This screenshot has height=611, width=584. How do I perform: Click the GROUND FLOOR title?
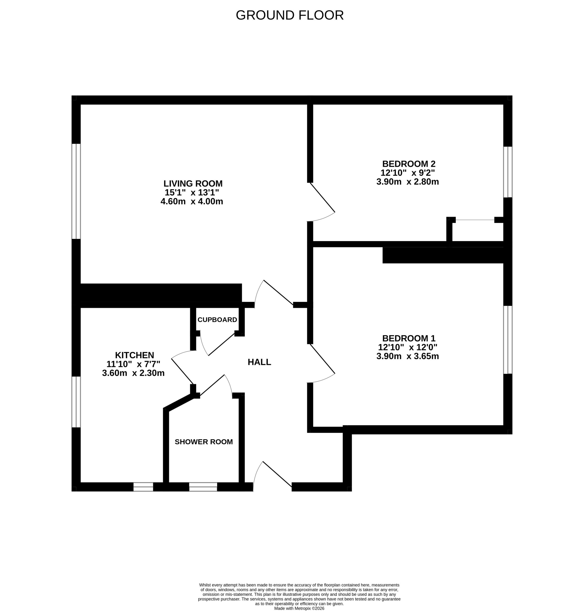(x=290, y=15)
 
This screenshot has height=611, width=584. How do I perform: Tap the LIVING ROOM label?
(x=193, y=184)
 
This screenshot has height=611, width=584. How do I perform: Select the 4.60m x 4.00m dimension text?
(x=192, y=201)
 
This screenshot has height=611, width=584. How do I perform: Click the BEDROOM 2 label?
(x=409, y=164)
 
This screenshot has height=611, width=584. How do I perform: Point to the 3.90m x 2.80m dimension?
(x=407, y=182)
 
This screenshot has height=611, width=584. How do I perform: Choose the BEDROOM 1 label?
(x=409, y=338)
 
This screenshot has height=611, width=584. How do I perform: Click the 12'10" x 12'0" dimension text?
(x=408, y=347)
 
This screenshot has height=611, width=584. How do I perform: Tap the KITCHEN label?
(x=135, y=355)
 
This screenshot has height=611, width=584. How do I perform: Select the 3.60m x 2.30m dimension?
(x=133, y=373)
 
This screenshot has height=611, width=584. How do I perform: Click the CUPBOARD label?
(x=217, y=320)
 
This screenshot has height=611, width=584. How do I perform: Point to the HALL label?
(x=259, y=362)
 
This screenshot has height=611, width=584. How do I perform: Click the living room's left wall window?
(x=76, y=191)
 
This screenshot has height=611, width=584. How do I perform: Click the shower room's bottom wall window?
(x=203, y=487)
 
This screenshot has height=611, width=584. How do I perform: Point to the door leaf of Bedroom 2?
(x=323, y=197)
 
